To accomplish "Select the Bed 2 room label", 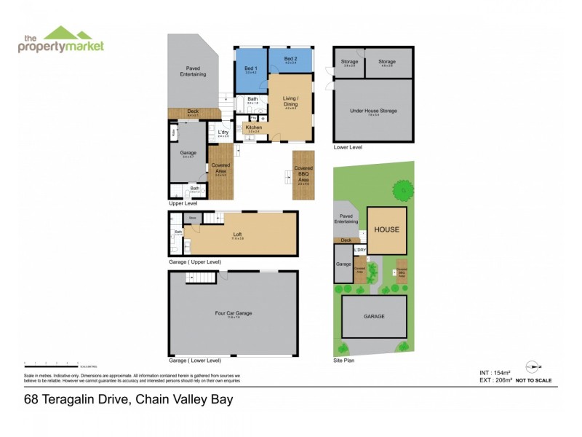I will click(290, 60).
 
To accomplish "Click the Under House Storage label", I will click(372, 111).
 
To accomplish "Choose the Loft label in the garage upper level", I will click(238, 234).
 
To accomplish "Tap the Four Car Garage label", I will click(234, 314).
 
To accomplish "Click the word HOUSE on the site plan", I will click(386, 229).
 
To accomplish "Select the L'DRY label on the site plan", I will click(359, 251).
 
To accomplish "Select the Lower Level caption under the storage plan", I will click(347, 146).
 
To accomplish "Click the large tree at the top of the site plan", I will click(402, 190).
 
